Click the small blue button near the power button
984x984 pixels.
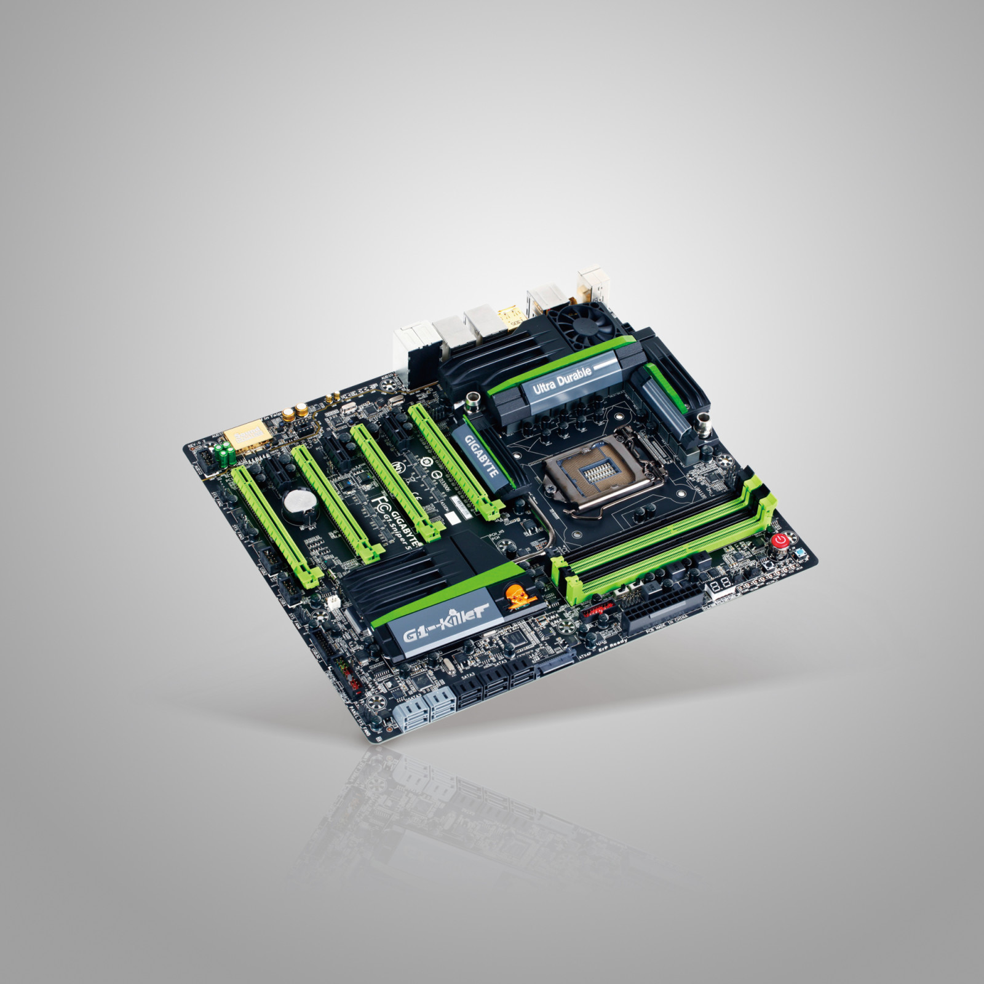click(x=799, y=555)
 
